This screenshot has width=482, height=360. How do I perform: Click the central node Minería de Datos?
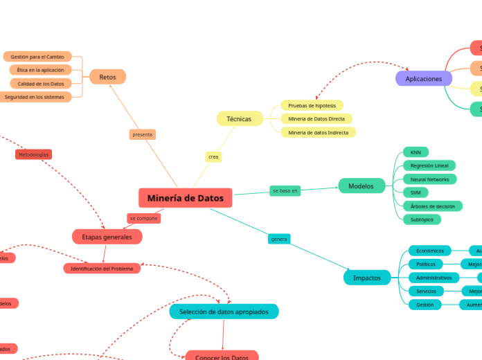point(185,198)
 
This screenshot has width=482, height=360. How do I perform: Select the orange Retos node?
point(107,77)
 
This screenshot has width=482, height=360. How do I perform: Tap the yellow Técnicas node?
point(239,118)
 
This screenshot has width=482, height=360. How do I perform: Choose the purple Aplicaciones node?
point(423,79)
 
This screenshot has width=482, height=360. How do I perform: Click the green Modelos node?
point(361,186)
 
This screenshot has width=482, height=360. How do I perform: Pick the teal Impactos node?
point(367,278)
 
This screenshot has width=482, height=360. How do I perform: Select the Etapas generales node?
point(107,237)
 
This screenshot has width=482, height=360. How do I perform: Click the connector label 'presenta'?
point(142,134)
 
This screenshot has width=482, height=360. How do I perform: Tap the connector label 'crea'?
point(213,157)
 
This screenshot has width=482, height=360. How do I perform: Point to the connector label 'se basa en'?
point(285,190)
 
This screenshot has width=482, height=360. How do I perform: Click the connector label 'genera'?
point(278,239)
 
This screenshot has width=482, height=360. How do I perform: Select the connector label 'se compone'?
point(143,218)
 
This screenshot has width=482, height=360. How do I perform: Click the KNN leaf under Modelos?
point(416,152)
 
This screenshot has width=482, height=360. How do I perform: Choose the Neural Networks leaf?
point(429,179)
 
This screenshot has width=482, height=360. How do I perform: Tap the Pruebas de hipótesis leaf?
point(312,105)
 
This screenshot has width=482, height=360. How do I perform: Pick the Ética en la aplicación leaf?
point(40,70)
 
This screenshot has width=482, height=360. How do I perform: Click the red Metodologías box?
point(33,154)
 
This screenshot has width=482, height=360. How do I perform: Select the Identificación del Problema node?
point(102,269)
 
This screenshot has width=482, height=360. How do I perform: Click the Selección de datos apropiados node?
point(224,312)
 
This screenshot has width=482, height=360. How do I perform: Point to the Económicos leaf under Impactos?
point(430,251)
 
